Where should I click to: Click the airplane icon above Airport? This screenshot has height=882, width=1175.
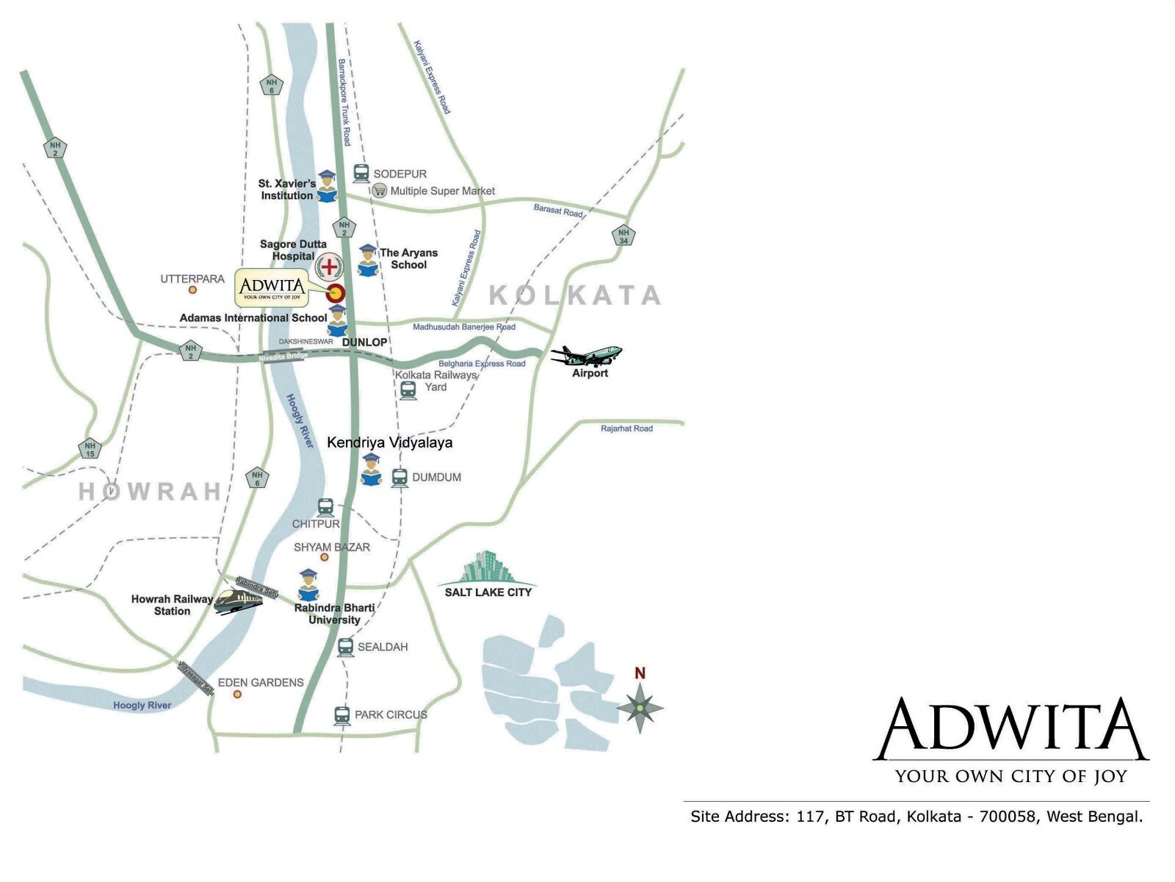[x=587, y=356]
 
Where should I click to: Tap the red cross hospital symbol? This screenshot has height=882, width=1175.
[x=329, y=266]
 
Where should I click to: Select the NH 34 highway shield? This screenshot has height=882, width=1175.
[x=623, y=235]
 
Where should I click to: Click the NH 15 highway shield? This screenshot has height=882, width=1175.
[x=90, y=448]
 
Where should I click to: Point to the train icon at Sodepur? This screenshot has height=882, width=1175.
[x=361, y=173]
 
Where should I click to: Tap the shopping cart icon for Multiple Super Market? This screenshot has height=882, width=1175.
[x=379, y=191]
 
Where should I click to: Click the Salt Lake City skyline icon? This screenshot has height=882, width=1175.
[x=486, y=567]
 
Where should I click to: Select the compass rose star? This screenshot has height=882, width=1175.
[x=640, y=707]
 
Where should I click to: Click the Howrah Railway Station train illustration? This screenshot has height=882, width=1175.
[x=238, y=601]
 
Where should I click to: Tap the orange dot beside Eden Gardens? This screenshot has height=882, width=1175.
[x=237, y=694]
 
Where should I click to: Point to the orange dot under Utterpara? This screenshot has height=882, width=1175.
[x=192, y=290]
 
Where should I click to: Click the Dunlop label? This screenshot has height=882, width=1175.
[x=364, y=342]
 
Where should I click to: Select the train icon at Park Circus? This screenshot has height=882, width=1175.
[x=342, y=715]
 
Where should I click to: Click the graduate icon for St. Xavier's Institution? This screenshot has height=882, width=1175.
[x=327, y=187]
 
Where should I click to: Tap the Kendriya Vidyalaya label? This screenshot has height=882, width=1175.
[x=389, y=442]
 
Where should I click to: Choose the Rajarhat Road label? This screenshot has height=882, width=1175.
[x=626, y=429]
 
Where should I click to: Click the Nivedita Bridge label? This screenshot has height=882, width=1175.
[x=283, y=357]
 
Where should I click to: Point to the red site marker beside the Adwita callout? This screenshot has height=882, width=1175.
[x=336, y=293]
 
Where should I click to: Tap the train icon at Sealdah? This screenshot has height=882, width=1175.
[x=345, y=648]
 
